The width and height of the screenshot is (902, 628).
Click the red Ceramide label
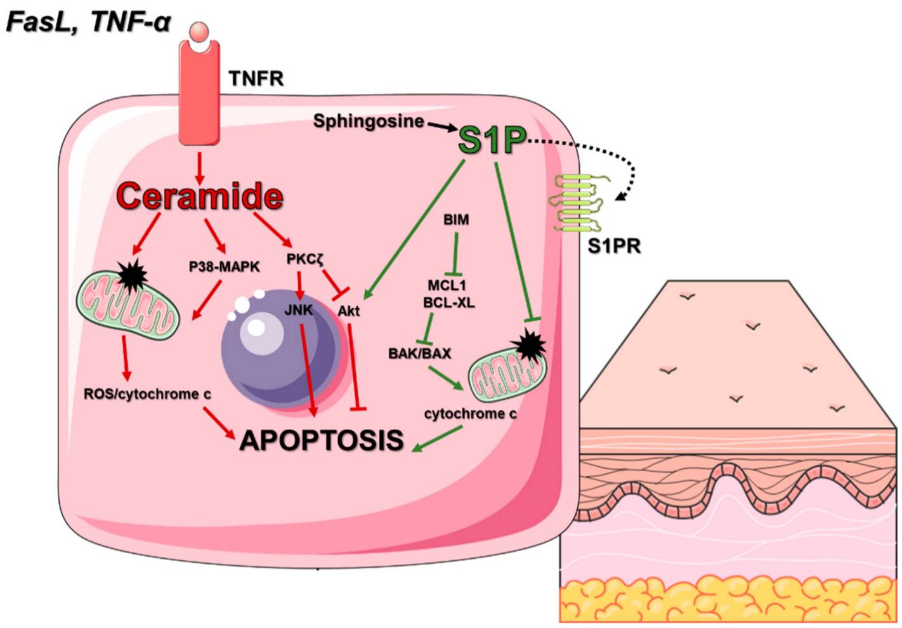pyautogui.click(x=199, y=196)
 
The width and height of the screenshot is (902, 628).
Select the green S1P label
pyautogui.click(x=492, y=140)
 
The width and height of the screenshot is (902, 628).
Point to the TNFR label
pyautogui.click(x=256, y=79)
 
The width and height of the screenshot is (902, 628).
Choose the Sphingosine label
pyautogui.click(x=369, y=121)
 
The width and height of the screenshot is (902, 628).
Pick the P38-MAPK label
pyautogui.click(x=224, y=267)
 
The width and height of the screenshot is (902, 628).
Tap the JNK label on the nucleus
pyautogui.click(x=298, y=310)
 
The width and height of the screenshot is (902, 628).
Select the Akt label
pyautogui.click(x=348, y=311)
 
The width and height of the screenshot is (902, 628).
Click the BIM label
pyautogui.click(x=456, y=219)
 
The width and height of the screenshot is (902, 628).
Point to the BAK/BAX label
pyautogui.click(x=419, y=353)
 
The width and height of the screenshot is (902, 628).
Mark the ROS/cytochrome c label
pyautogui.click(x=147, y=394)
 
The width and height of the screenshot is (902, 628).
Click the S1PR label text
pyautogui.click(x=613, y=245)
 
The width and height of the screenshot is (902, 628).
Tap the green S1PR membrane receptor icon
pyautogui.click(x=577, y=203)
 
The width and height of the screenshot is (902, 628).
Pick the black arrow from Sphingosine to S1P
pyautogui.click(x=442, y=126)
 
